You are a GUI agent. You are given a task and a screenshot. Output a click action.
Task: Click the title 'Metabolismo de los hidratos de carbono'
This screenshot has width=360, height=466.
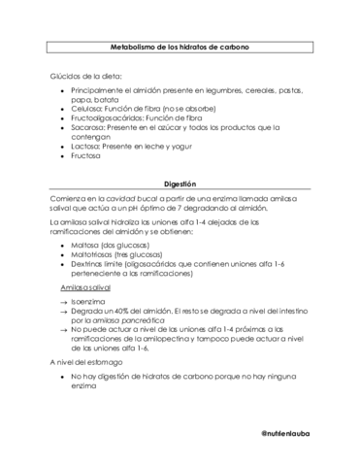point(180,47)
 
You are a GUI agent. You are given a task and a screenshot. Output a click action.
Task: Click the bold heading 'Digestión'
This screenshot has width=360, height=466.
point(180,182)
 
